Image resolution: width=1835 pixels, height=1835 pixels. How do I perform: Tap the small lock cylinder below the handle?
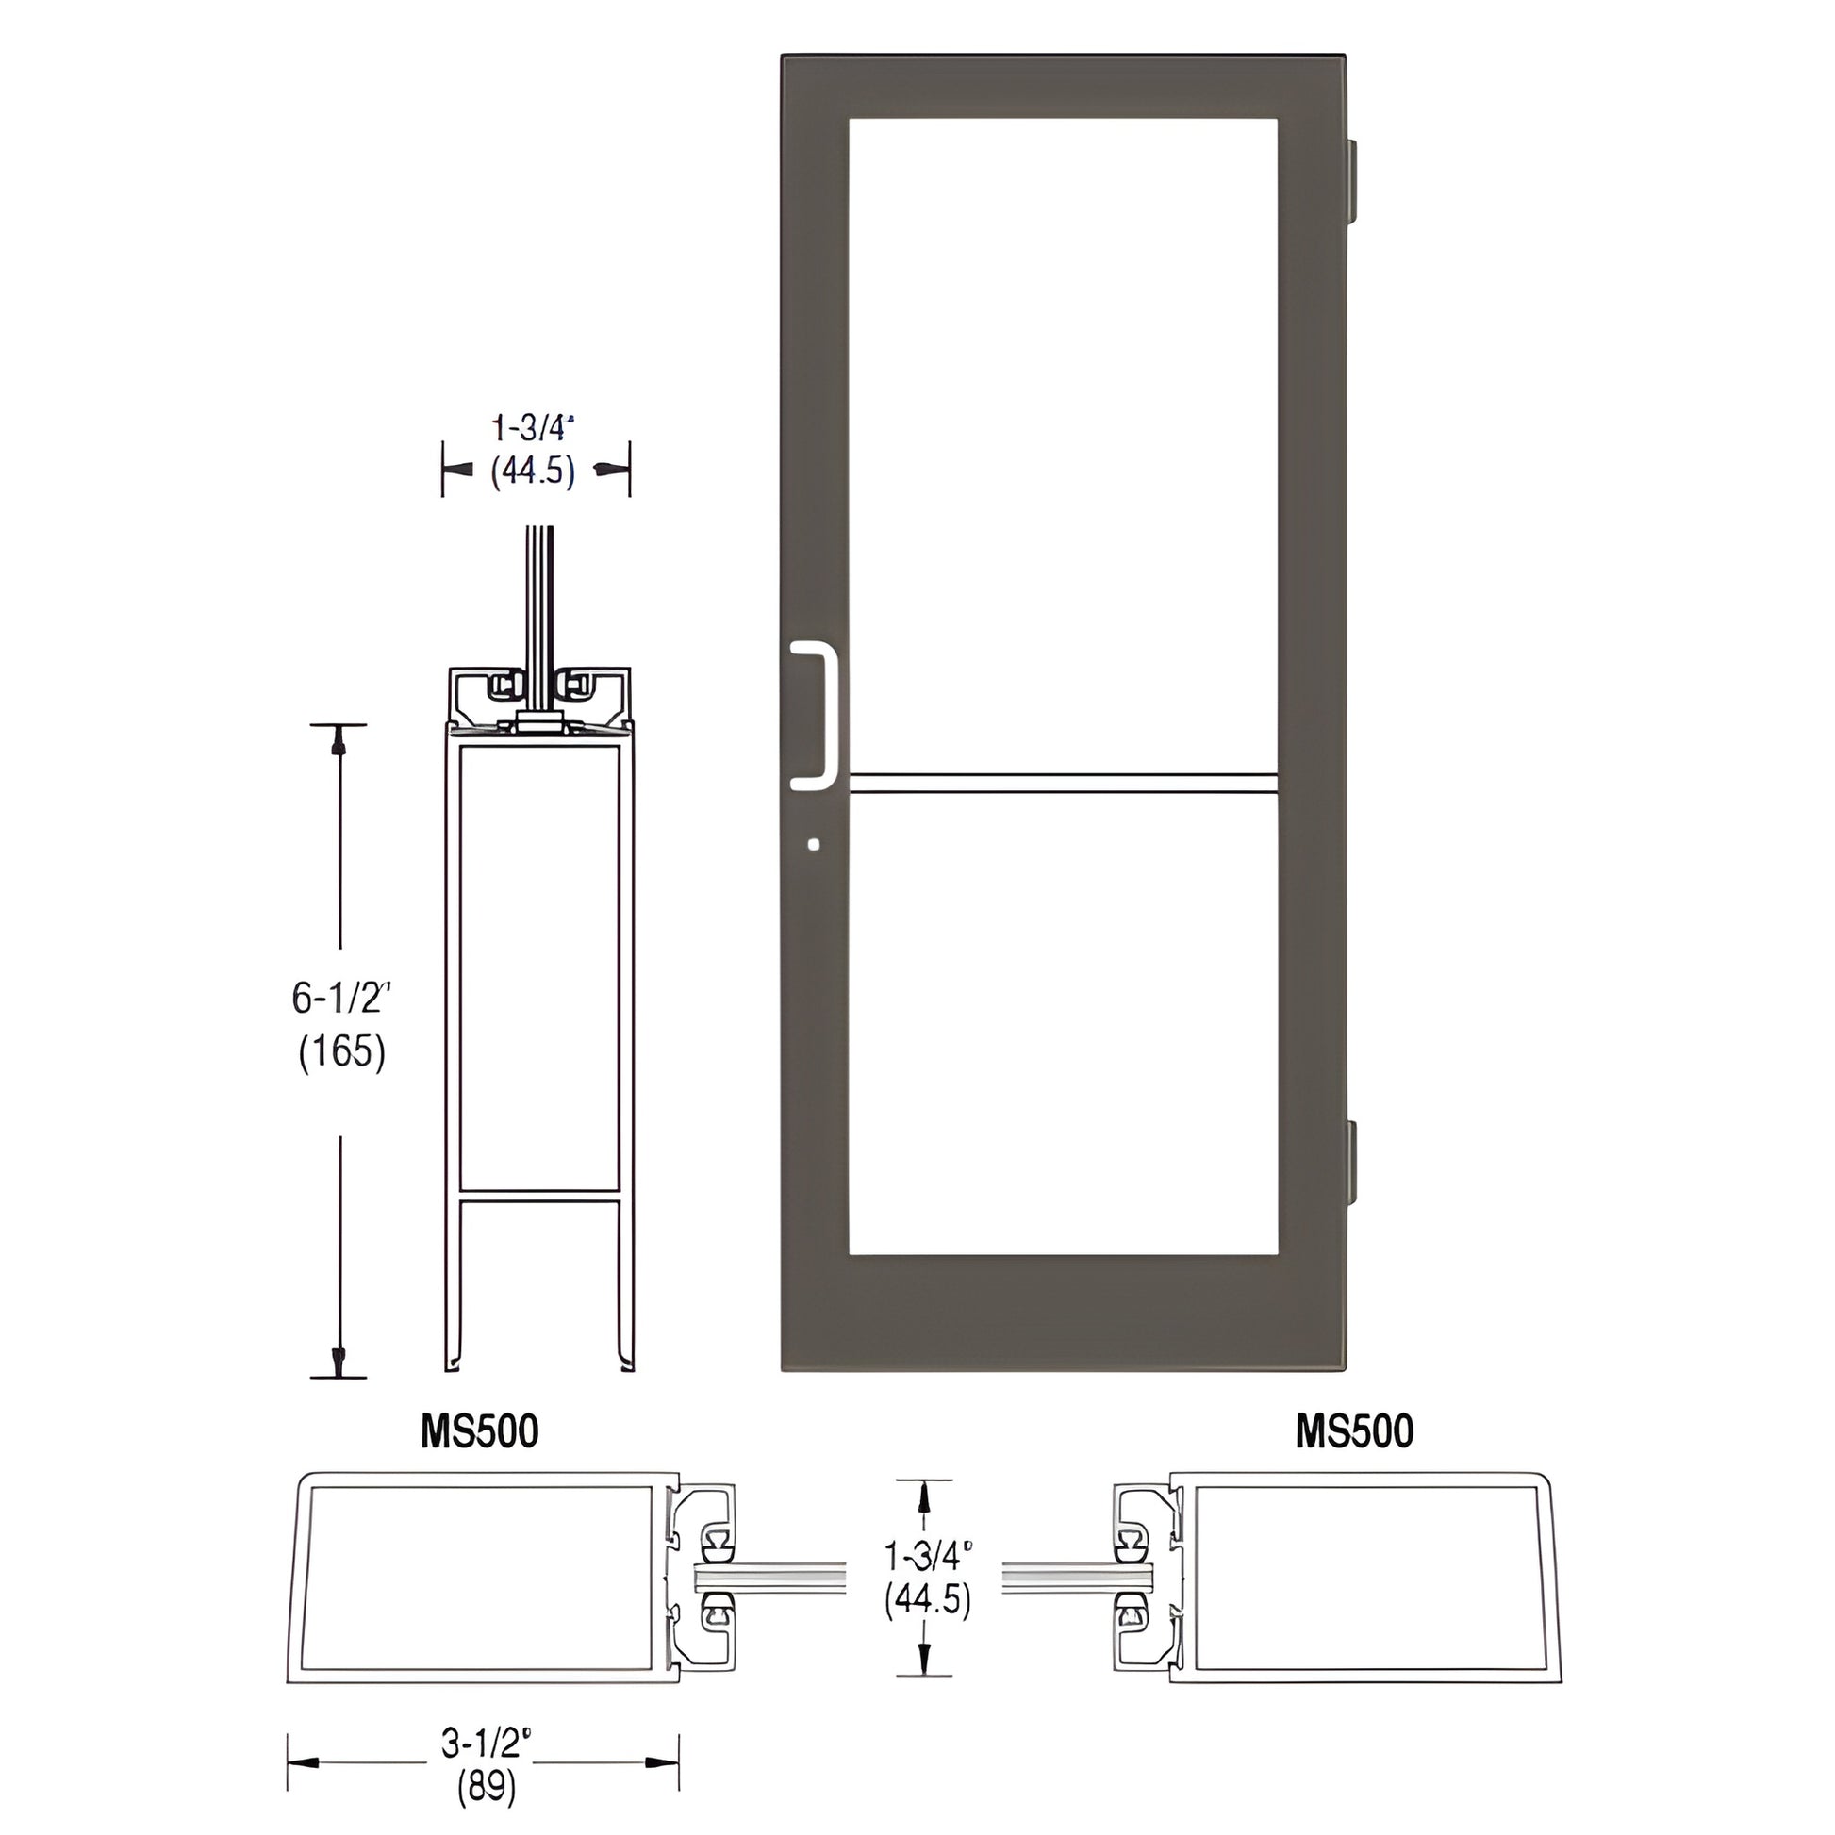(813, 843)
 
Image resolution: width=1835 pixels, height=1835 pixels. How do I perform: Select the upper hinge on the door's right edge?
(1351, 182)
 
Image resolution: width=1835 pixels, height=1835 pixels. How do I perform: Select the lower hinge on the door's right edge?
(1351, 1161)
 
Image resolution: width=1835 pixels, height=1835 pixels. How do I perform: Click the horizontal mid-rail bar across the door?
(1062, 784)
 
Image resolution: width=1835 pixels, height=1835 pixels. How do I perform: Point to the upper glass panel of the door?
(1062, 437)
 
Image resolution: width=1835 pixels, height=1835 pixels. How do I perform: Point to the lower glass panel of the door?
(1062, 1026)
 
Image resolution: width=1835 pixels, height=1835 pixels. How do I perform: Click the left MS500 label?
(480, 1431)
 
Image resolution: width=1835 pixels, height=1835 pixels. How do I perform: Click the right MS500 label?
(1353, 1431)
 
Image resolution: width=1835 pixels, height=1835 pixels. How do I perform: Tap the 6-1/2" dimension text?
(342, 998)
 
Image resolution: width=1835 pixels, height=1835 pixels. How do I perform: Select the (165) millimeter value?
(342, 1051)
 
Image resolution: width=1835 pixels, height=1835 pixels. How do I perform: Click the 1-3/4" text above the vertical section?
(534, 428)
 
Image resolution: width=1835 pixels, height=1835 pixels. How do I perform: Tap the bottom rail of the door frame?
(1062, 1315)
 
